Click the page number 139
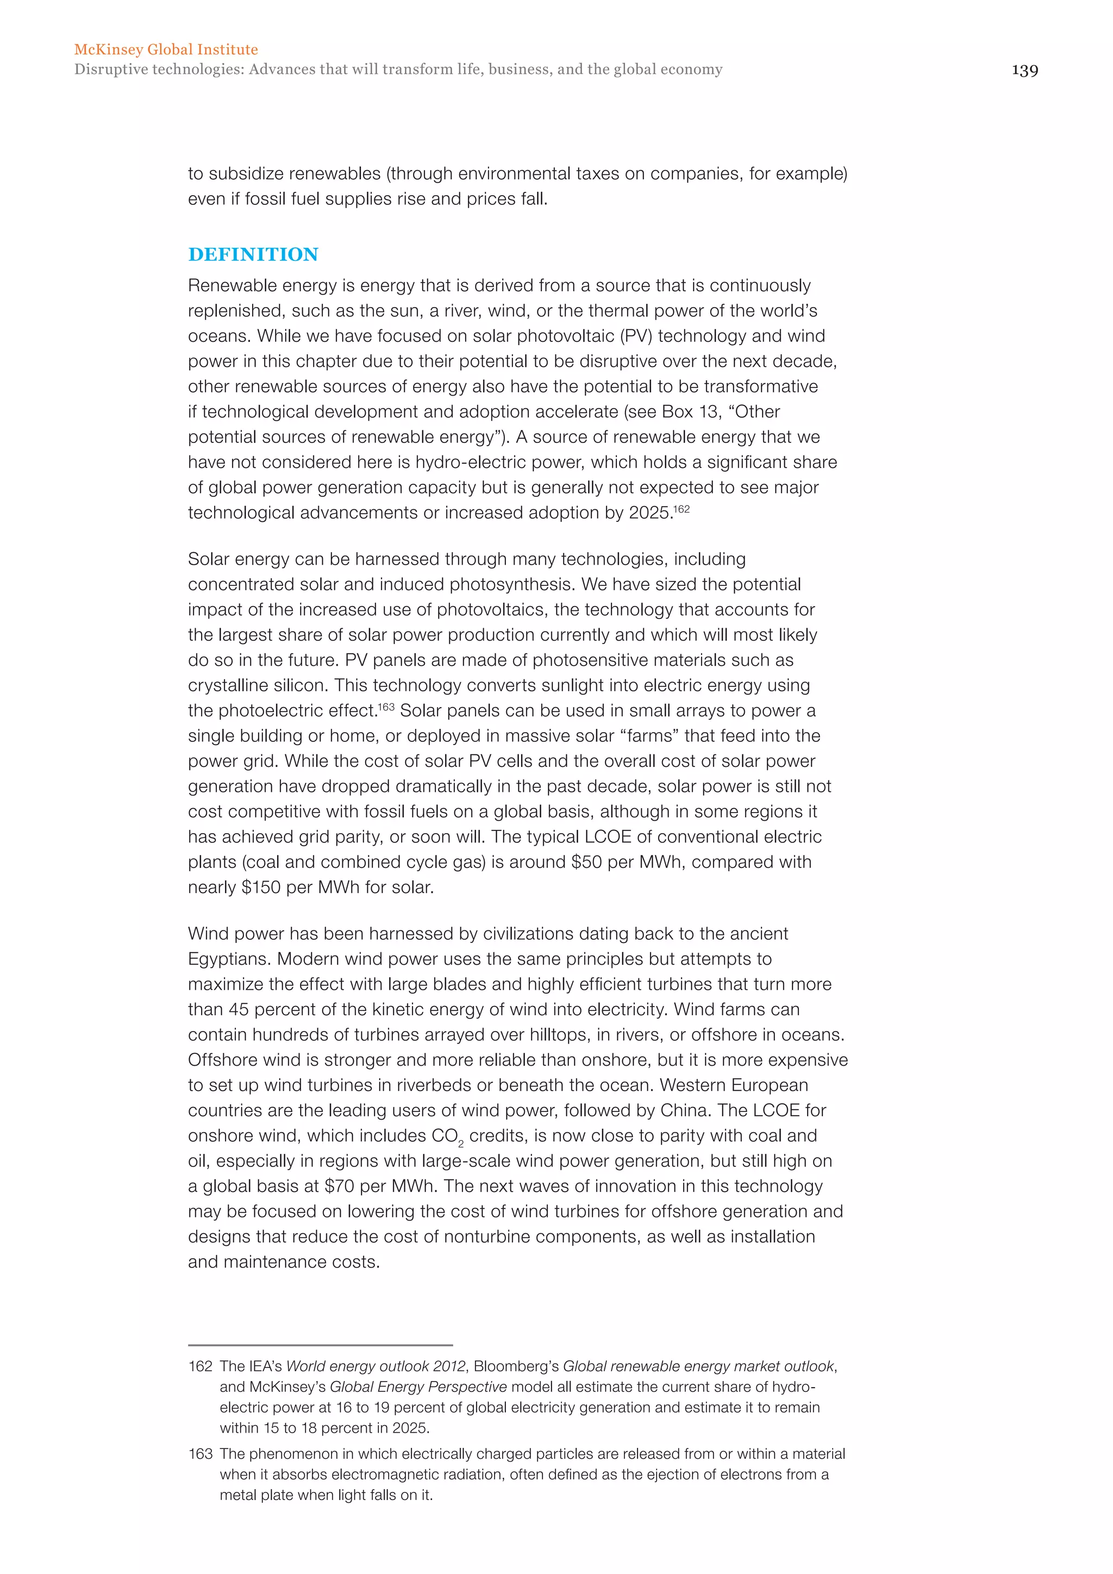[x=1024, y=71]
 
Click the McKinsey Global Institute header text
[x=166, y=49]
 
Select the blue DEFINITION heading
[x=253, y=254]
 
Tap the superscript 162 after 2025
[x=681, y=509]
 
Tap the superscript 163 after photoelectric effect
[x=386, y=707]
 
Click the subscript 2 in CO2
[x=461, y=1144]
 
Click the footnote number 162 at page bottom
[x=200, y=1366]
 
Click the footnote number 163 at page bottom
[x=200, y=1453]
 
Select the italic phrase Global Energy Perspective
[x=418, y=1387]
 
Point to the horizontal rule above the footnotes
[x=320, y=1345]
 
